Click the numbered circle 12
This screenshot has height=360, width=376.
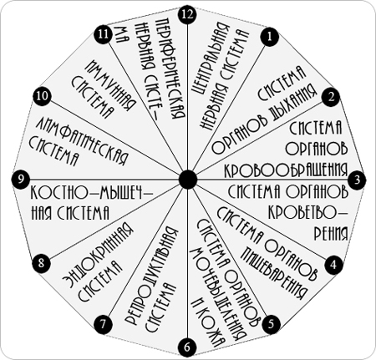point(187,14)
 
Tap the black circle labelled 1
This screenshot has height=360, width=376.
point(269,37)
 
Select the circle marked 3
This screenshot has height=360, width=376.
point(358,180)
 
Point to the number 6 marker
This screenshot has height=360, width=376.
point(187,347)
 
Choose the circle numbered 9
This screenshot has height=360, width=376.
point(22,179)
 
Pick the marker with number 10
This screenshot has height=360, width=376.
point(42,97)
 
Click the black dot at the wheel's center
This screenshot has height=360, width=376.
point(188,180)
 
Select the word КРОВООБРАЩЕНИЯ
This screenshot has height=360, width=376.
point(287,169)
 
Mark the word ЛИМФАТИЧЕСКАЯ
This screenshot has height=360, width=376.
point(82,141)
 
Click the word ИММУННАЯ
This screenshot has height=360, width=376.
point(111,86)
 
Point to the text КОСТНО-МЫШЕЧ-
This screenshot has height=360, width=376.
point(91,193)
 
